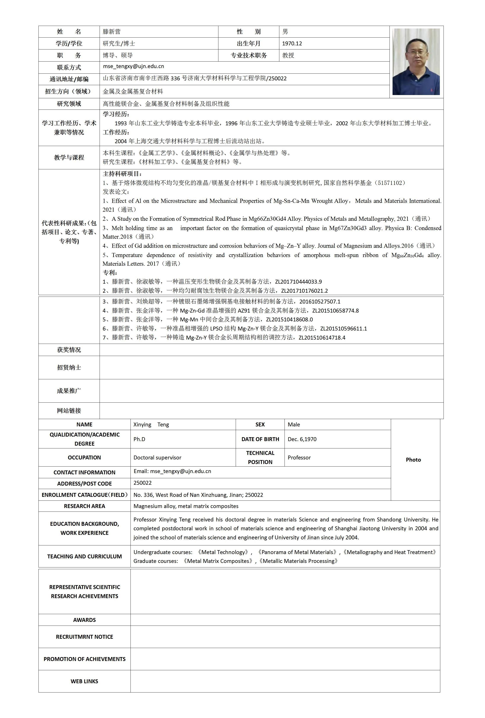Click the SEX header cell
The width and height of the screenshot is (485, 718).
click(260, 424)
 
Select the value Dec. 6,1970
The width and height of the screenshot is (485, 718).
click(302, 439)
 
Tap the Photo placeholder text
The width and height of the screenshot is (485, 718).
click(413, 460)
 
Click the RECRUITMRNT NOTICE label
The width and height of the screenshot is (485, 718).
click(84, 637)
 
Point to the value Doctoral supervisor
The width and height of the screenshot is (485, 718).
click(157, 457)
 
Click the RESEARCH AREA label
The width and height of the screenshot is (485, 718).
click(84, 506)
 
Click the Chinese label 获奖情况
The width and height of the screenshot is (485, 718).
click(69, 350)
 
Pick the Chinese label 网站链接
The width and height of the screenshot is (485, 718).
click(69, 411)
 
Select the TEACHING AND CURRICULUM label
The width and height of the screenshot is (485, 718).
click(84, 556)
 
